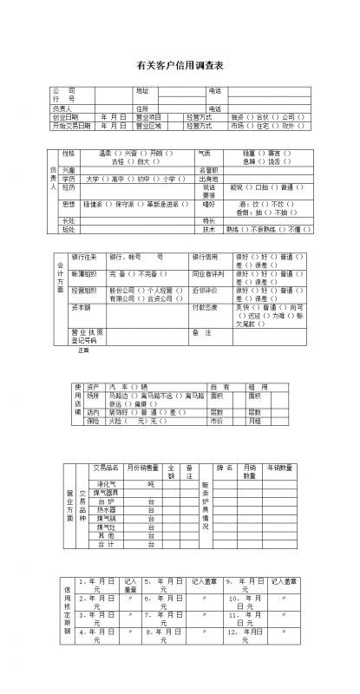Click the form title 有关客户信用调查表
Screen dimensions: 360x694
(x=180, y=65)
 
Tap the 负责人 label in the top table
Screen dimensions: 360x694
(x=62, y=108)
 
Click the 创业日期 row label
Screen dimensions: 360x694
(x=66, y=115)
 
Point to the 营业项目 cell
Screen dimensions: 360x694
(x=148, y=115)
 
